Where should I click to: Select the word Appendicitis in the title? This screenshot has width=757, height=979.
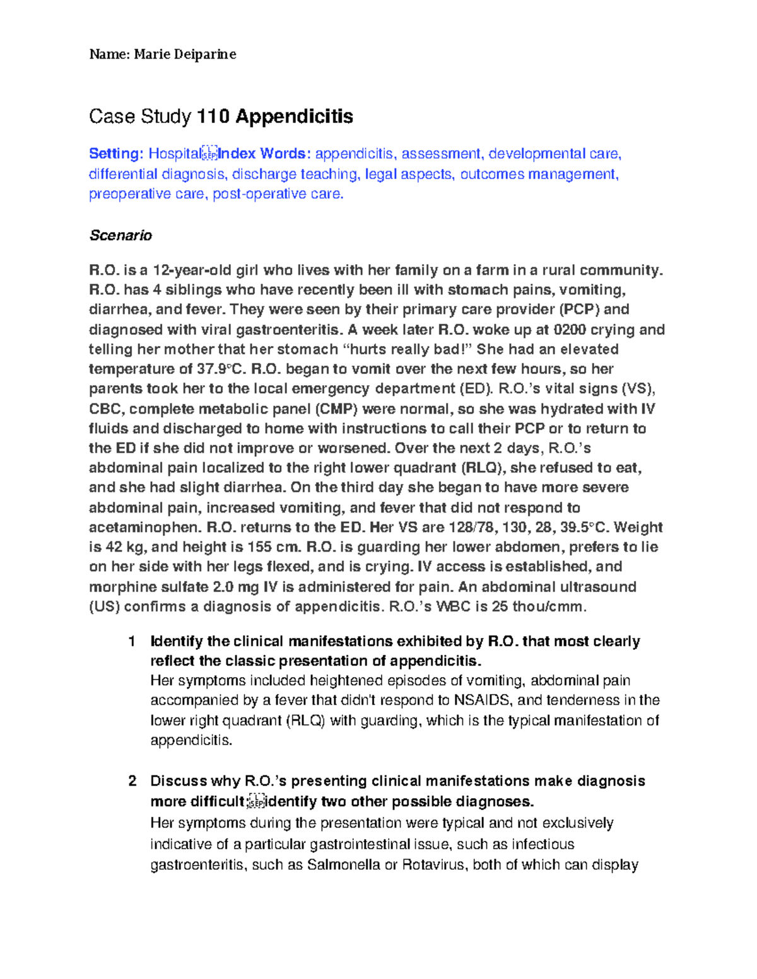(295, 117)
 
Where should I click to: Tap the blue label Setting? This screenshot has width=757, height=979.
(116, 154)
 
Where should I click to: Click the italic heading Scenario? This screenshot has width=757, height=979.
(120, 235)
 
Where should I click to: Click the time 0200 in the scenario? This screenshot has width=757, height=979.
(569, 330)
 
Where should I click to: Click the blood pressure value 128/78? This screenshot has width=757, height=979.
(471, 527)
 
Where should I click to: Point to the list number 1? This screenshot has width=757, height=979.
(131, 642)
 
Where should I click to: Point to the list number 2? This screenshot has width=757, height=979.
(132, 781)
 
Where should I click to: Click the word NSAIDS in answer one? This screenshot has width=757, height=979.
(483, 700)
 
